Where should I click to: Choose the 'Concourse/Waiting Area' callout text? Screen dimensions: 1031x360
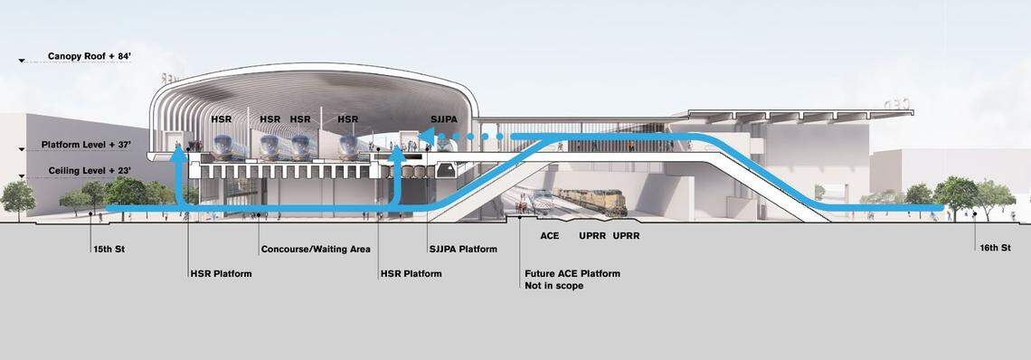pos(316,250)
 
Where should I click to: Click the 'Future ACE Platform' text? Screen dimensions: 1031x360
pos(572,273)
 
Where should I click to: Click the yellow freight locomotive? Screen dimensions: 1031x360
pos(592,201)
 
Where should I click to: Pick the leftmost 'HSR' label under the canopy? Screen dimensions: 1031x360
pos(221,119)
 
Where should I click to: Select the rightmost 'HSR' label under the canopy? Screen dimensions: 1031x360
pos(347,119)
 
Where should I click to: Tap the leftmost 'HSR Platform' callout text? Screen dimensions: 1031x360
pos(221,273)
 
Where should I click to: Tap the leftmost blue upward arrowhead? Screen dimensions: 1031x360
pos(180,150)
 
